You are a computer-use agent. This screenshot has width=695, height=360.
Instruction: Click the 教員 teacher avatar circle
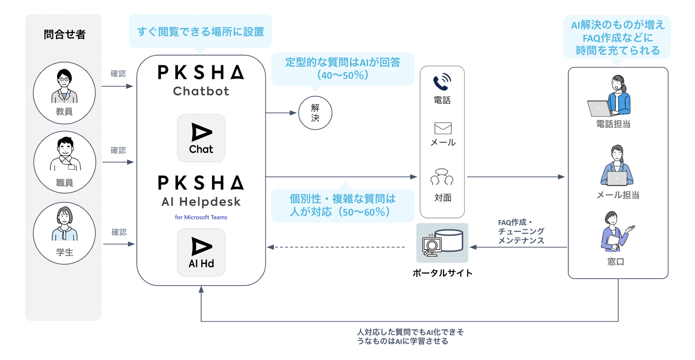pyautogui.click(x=64, y=93)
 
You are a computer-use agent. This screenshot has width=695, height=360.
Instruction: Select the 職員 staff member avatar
pyautogui.click(x=64, y=162)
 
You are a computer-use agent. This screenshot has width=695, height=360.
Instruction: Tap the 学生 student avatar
pyautogui.click(x=64, y=233)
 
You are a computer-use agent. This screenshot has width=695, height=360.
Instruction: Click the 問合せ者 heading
pyautogui.click(x=64, y=35)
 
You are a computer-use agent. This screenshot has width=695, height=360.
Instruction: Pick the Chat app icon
pyautogui.click(x=201, y=138)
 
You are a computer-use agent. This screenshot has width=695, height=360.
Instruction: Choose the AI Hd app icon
pyautogui.click(x=201, y=252)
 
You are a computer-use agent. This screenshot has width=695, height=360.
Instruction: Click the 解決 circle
pyautogui.click(x=315, y=113)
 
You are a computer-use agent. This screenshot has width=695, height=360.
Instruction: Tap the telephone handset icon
pyautogui.click(x=442, y=82)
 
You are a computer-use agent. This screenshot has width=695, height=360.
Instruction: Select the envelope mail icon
pyautogui.click(x=443, y=128)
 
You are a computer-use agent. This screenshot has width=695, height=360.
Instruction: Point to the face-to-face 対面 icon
pyautogui.click(x=442, y=177)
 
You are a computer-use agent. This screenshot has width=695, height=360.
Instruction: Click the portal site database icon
pyautogui.click(x=442, y=243)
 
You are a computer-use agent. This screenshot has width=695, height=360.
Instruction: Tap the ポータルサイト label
pyautogui.click(x=442, y=273)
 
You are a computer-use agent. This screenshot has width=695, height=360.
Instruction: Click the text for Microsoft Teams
pyautogui.click(x=201, y=217)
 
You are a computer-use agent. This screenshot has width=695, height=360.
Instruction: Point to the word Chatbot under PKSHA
pyautogui.click(x=201, y=91)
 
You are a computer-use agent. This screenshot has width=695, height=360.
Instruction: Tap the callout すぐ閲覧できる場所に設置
pyautogui.click(x=200, y=32)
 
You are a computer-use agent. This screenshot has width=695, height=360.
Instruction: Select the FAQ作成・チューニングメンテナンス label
pyautogui.click(x=521, y=231)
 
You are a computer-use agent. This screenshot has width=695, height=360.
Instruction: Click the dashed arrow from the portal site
pyautogui.click(x=338, y=247)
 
